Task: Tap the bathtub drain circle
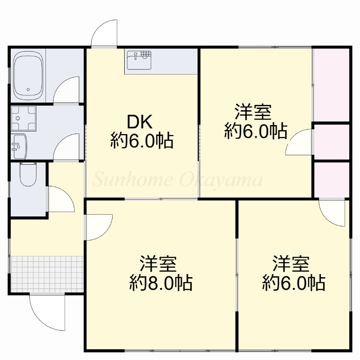coord(28,90)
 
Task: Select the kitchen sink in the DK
coord(139,60)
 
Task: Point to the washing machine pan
coord(23,118)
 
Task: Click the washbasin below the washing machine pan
coord(19,146)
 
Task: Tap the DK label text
coord(139,122)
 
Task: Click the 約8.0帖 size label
coord(161,283)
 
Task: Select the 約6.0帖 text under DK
coord(142,140)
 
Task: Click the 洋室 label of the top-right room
coord(253,112)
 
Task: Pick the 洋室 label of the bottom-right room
coord(291,263)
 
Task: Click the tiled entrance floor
coord(47,274)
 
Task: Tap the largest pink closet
coord(331,85)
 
